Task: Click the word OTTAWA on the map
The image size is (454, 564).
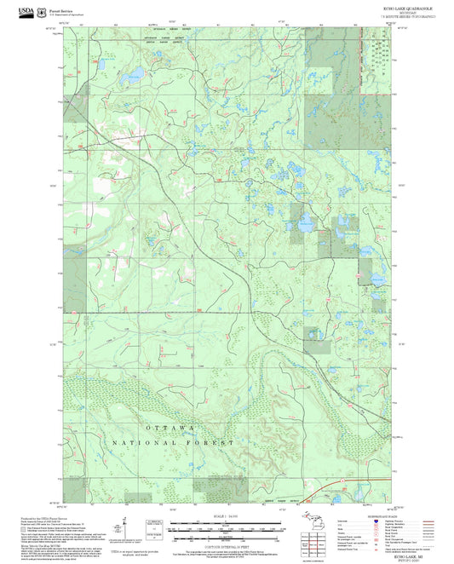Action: pyautogui.click(x=170, y=426)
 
